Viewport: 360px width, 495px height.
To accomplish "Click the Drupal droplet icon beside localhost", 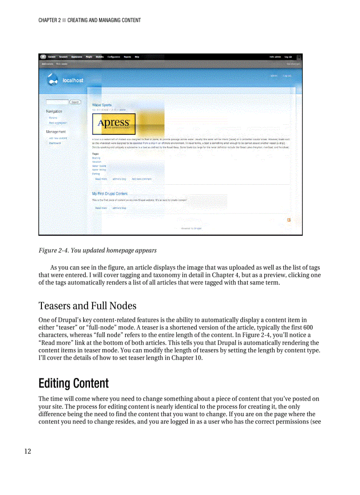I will (53, 80).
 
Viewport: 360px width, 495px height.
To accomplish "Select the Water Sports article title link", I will (102, 105).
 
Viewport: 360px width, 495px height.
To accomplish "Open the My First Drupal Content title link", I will (110, 194).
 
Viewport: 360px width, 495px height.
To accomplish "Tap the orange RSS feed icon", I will (289, 220).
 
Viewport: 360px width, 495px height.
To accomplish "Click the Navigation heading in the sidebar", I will (54, 112).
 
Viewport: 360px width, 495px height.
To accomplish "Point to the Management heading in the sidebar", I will (56, 132).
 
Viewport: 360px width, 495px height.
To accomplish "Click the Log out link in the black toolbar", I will (288, 57).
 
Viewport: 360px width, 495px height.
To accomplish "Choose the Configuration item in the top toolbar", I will (114, 57).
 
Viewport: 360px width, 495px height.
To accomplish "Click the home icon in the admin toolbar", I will (43, 57).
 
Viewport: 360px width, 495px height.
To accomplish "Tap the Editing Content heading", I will (73, 383).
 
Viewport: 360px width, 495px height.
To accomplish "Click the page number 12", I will (27, 451).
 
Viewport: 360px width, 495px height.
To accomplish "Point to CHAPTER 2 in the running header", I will (49, 20).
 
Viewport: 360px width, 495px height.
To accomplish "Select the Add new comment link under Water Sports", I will (142, 179).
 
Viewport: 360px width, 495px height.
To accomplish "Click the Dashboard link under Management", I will (55, 143).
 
